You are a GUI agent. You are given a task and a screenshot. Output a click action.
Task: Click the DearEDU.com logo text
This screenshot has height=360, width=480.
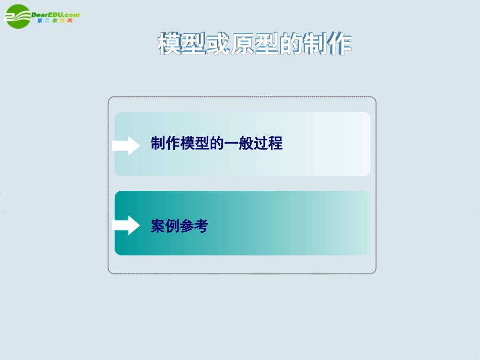point(55,15)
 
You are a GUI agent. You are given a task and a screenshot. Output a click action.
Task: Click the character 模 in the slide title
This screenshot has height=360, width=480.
point(170,44)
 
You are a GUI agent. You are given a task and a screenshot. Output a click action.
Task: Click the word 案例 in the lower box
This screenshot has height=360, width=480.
point(165,226)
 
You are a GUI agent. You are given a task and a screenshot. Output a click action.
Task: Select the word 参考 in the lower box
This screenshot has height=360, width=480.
point(194,226)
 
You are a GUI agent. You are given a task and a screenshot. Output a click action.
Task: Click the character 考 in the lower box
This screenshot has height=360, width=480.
point(201,226)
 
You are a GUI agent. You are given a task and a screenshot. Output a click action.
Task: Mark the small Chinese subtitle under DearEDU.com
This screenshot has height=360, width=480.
point(59,21)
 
